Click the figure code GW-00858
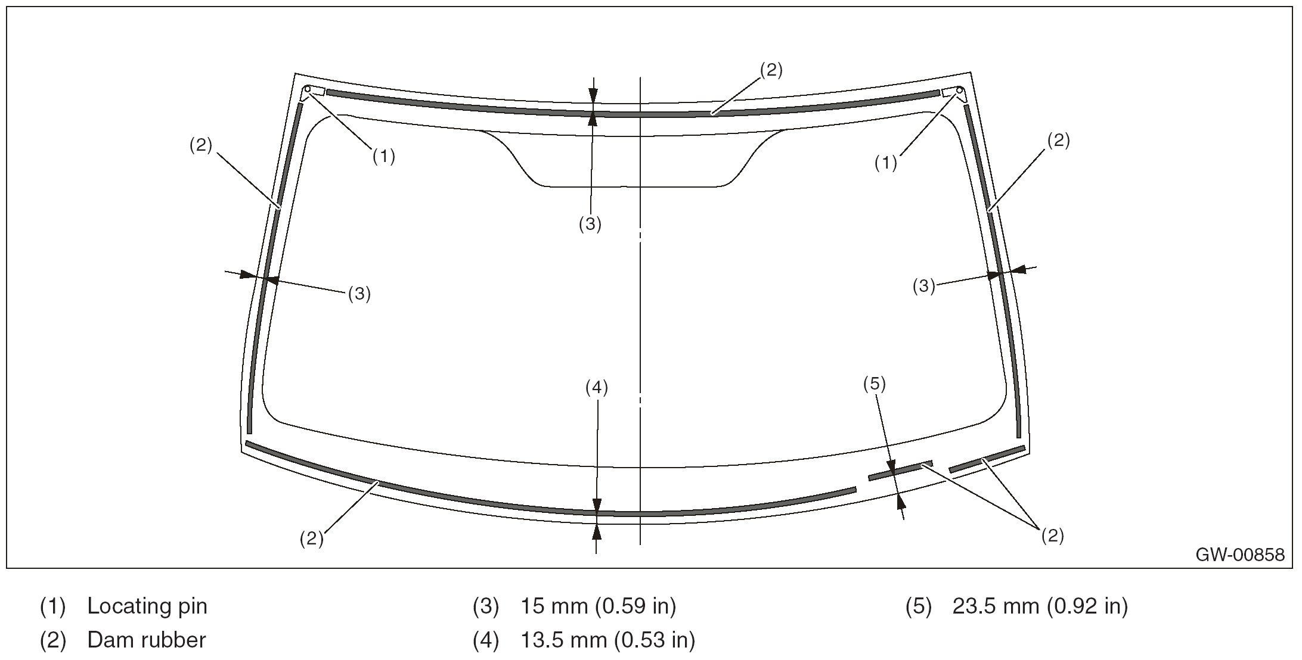click(x=1240, y=555)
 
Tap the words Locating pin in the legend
click(x=147, y=606)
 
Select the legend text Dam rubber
click(x=147, y=640)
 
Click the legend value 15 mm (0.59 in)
click(x=599, y=606)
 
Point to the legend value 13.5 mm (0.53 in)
click(x=608, y=640)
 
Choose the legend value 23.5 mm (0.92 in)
click(x=1040, y=606)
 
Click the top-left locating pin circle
click(x=307, y=90)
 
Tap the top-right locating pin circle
click(x=960, y=91)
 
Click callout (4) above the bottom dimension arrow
click(x=596, y=388)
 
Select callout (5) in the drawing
click(x=875, y=384)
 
